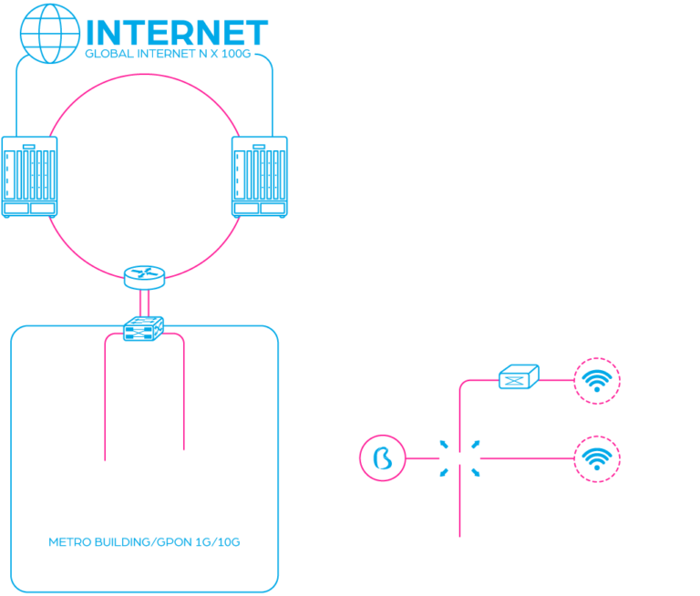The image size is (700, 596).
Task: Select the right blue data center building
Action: click(x=259, y=176)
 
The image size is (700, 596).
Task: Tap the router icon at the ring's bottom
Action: click(x=144, y=273)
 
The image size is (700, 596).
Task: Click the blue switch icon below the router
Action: click(x=143, y=327)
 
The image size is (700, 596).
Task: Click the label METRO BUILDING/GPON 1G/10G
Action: click(x=144, y=541)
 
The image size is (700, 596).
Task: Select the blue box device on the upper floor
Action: click(x=517, y=375)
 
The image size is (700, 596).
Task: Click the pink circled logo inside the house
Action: click(x=382, y=457)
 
